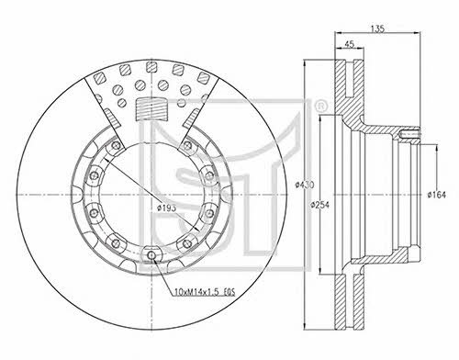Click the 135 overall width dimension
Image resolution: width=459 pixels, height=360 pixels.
pyautogui.click(x=377, y=28)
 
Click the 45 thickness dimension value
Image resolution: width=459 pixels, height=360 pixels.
pyautogui.click(x=349, y=44)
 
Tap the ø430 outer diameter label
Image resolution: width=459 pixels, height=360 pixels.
pyautogui.click(x=305, y=185)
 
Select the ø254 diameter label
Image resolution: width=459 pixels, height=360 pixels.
pyautogui.click(x=319, y=205)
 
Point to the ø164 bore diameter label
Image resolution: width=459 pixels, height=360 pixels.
pyautogui.click(x=437, y=195)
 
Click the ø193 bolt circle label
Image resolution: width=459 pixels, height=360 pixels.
pyautogui.click(x=166, y=208)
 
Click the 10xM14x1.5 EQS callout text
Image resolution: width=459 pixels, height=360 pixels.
pyautogui.click(x=204, y=292)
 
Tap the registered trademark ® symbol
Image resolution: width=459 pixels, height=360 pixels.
pyautogui.click(x=320, y=107)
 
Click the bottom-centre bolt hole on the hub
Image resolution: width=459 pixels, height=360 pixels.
pyautogui.click(x=151, y=254)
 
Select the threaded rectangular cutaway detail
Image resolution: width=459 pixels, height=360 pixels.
pyautogui.click(x=151, y=109)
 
